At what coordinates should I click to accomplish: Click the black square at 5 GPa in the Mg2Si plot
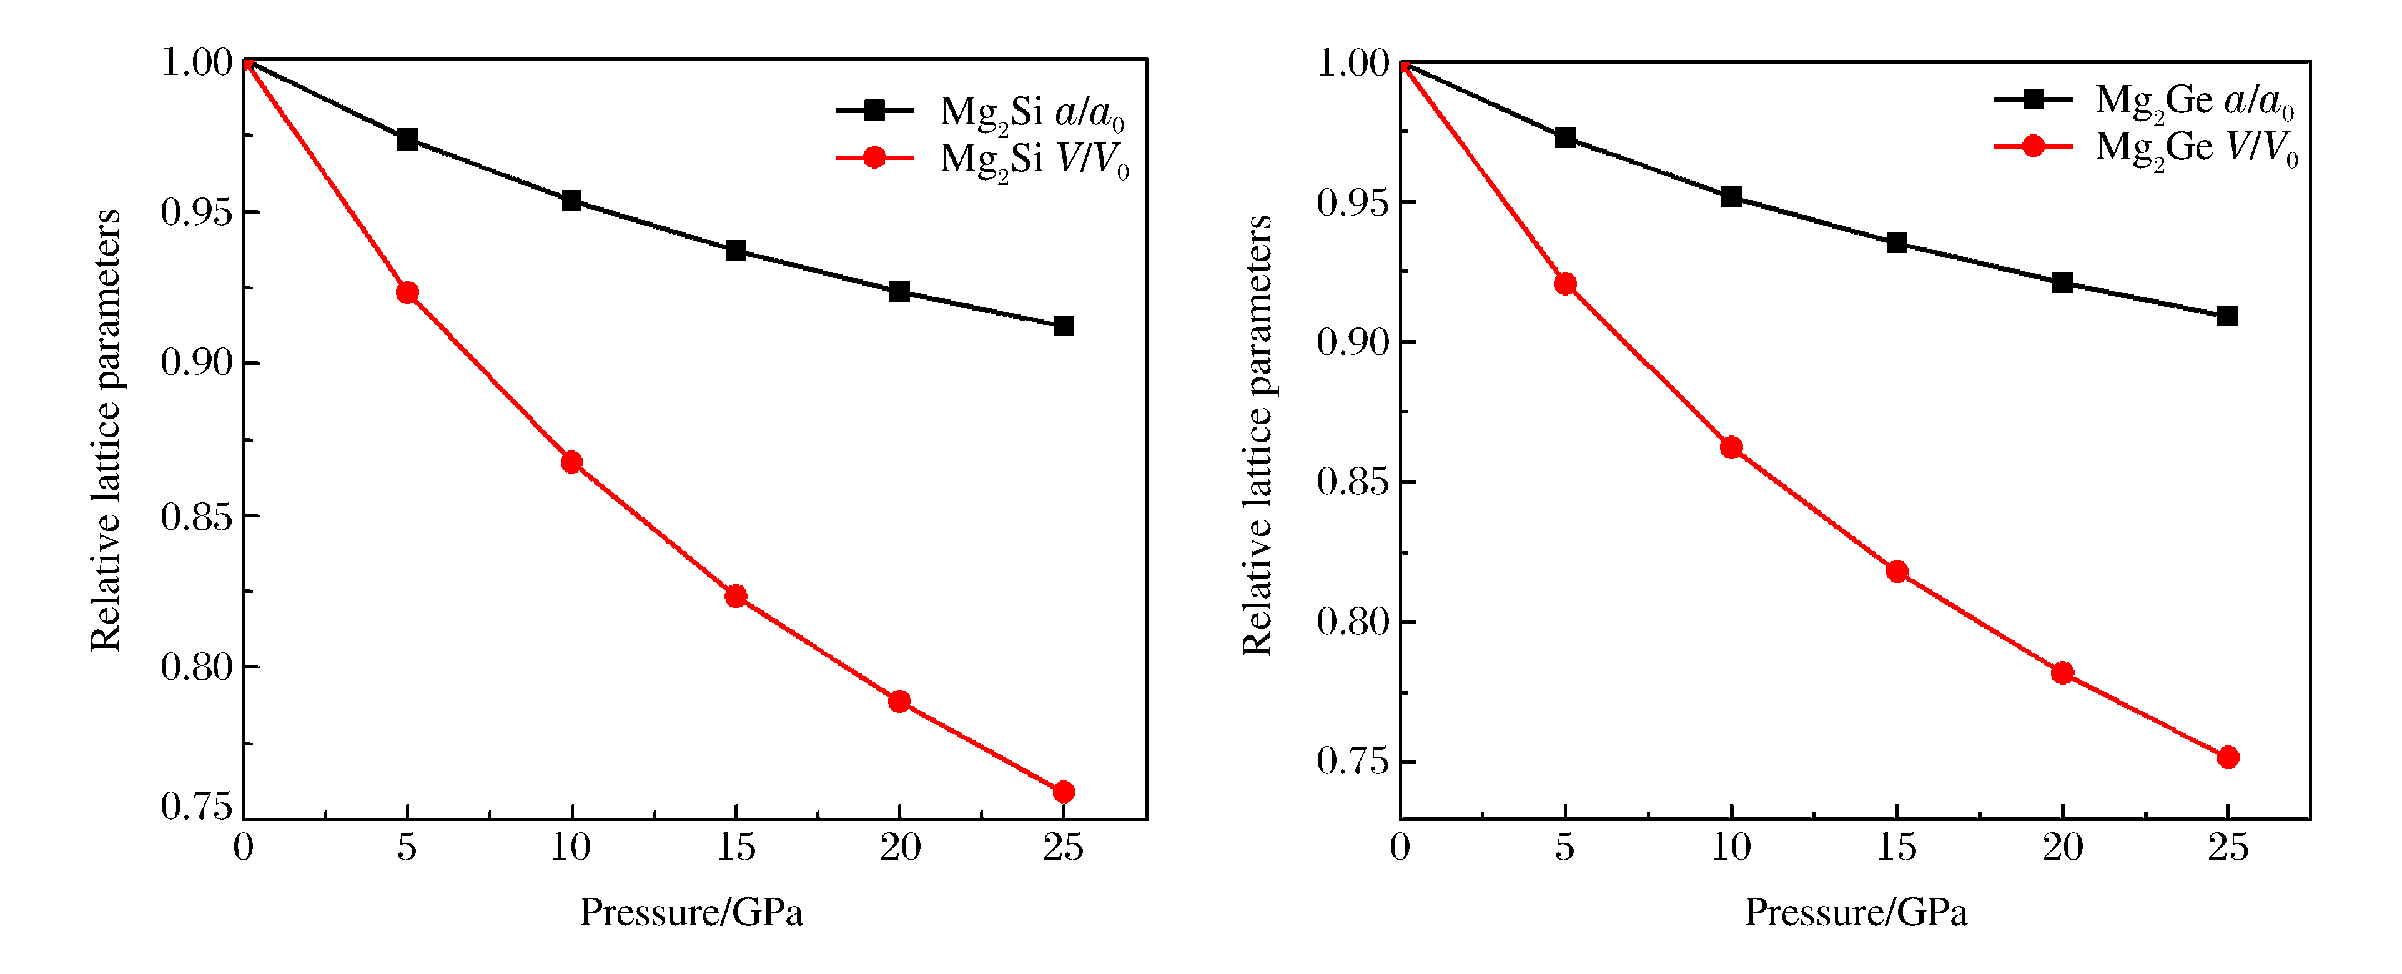[407, 140]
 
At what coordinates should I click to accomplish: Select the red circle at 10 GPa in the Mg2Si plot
[571, 463]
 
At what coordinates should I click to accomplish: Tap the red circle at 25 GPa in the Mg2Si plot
[1063, 792]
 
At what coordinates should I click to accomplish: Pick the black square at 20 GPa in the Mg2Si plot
[899, 291]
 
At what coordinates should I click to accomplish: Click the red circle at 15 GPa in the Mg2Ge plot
[1897, 572]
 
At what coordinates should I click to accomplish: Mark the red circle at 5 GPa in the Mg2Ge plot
[1566, 284]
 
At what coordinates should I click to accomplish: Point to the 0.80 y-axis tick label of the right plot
[1352, 622]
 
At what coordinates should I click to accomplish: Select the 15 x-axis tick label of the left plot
[736, 848]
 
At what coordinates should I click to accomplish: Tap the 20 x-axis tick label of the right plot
[2063, 848]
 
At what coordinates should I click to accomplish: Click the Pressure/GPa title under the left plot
[691, 912]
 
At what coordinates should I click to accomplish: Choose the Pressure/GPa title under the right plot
[1856, 912]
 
